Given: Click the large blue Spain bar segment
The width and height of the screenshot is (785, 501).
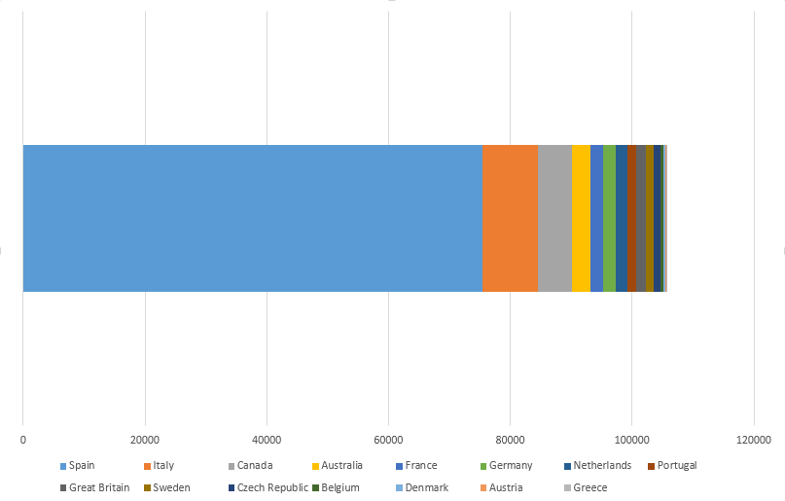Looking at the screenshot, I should [x=252, y=218].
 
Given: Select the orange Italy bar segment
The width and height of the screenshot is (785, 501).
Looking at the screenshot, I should [x=510, y=218].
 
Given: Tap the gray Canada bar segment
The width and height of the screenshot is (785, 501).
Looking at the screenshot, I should [x=554, y=218].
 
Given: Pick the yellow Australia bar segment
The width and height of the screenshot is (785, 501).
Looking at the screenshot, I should [x=581, y=218].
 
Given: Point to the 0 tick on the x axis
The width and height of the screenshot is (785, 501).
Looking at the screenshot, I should [x=22, y=440].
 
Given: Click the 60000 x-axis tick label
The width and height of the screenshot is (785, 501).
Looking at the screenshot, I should [x=388, y=440].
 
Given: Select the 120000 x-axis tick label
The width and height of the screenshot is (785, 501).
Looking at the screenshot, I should [x=753, y=440].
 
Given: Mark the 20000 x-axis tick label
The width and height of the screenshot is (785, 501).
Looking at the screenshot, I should [x=145, y=440].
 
